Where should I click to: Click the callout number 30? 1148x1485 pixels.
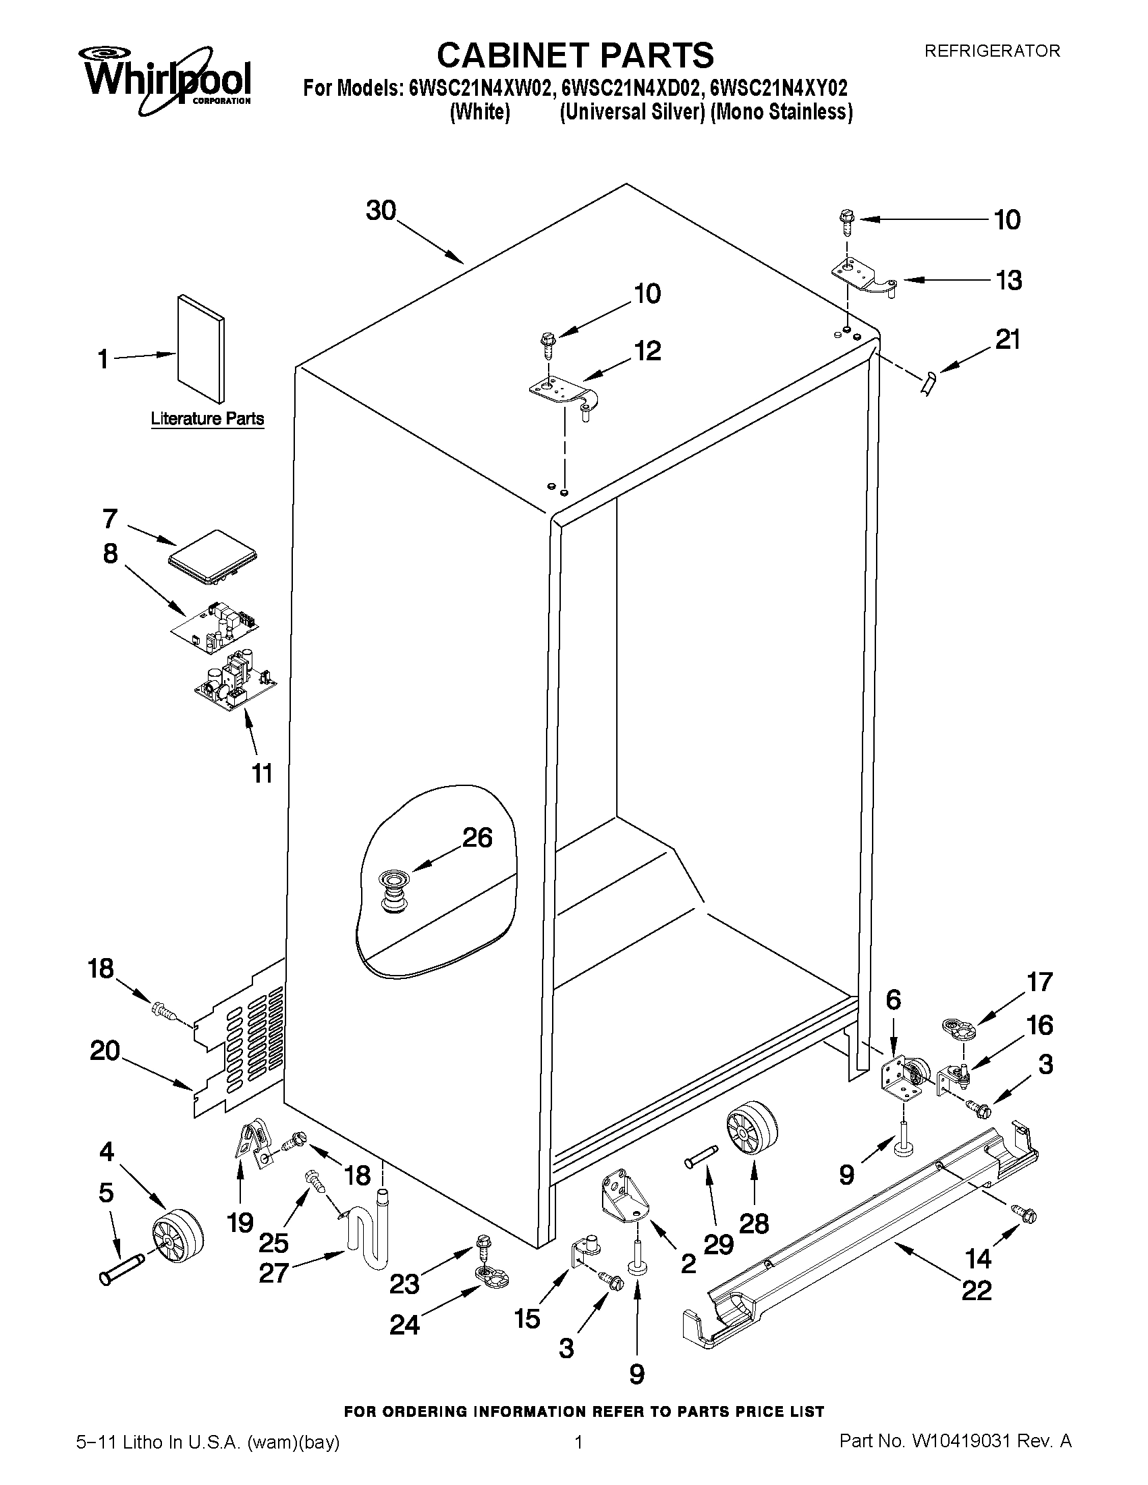click(381, 211)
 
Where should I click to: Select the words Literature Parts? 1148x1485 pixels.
click(207, 419)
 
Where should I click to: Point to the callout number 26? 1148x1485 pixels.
click(476, 838)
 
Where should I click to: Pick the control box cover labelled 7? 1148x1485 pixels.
click(212, 558)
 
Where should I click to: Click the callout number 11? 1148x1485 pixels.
click(263, 773)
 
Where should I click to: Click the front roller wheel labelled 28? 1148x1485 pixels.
click(752, 1130)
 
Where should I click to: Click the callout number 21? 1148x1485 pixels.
click(1007, 340)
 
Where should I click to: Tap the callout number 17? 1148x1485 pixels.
click(1039, 982)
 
